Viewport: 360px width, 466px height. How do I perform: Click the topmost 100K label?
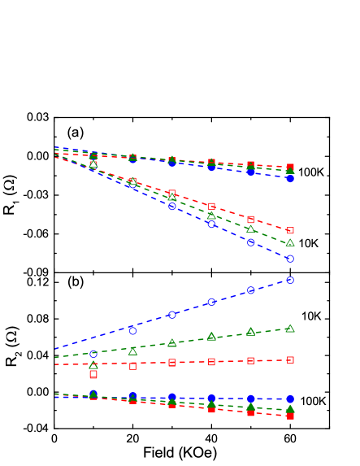click(x=311, y=172)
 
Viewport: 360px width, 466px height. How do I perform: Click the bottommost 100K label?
click(x=313, y=401)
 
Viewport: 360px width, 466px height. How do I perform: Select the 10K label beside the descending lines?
click(x=309, y=243)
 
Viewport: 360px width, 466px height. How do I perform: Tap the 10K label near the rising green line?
click(x=311, y=316)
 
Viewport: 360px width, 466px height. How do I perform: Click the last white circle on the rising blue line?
click(x=290, y=280)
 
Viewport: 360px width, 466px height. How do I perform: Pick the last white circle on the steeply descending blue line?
click(x=290, y=259)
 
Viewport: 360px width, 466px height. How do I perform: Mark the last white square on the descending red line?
click(x=290, y=230)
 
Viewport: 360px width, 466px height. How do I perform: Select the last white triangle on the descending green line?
click(x=290, y=242)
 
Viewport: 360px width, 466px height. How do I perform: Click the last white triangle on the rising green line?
click(x=290, y=329)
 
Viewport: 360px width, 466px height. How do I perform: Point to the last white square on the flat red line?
click(x=290, y=359)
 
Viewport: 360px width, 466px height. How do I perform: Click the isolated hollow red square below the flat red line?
click(x=93, y=374)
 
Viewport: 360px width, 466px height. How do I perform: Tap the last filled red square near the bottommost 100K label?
click(x=290, y=416)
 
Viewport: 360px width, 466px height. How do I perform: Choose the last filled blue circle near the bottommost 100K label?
click(x=290, y=399)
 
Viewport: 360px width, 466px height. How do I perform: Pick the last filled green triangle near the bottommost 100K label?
click(x=290, y=408)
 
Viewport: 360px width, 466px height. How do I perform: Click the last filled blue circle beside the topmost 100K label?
click(x=290, y=177)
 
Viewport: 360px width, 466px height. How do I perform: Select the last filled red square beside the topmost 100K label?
click(x=290, y=167)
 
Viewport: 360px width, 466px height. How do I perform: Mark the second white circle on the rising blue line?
click(x=132, y=330)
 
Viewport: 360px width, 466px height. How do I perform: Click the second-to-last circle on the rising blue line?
click(x=250, y=290)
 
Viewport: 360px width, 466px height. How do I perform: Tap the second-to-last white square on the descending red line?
click(x=250, y=220)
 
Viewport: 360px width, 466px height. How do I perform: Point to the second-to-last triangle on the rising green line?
click(x=250, y=332)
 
